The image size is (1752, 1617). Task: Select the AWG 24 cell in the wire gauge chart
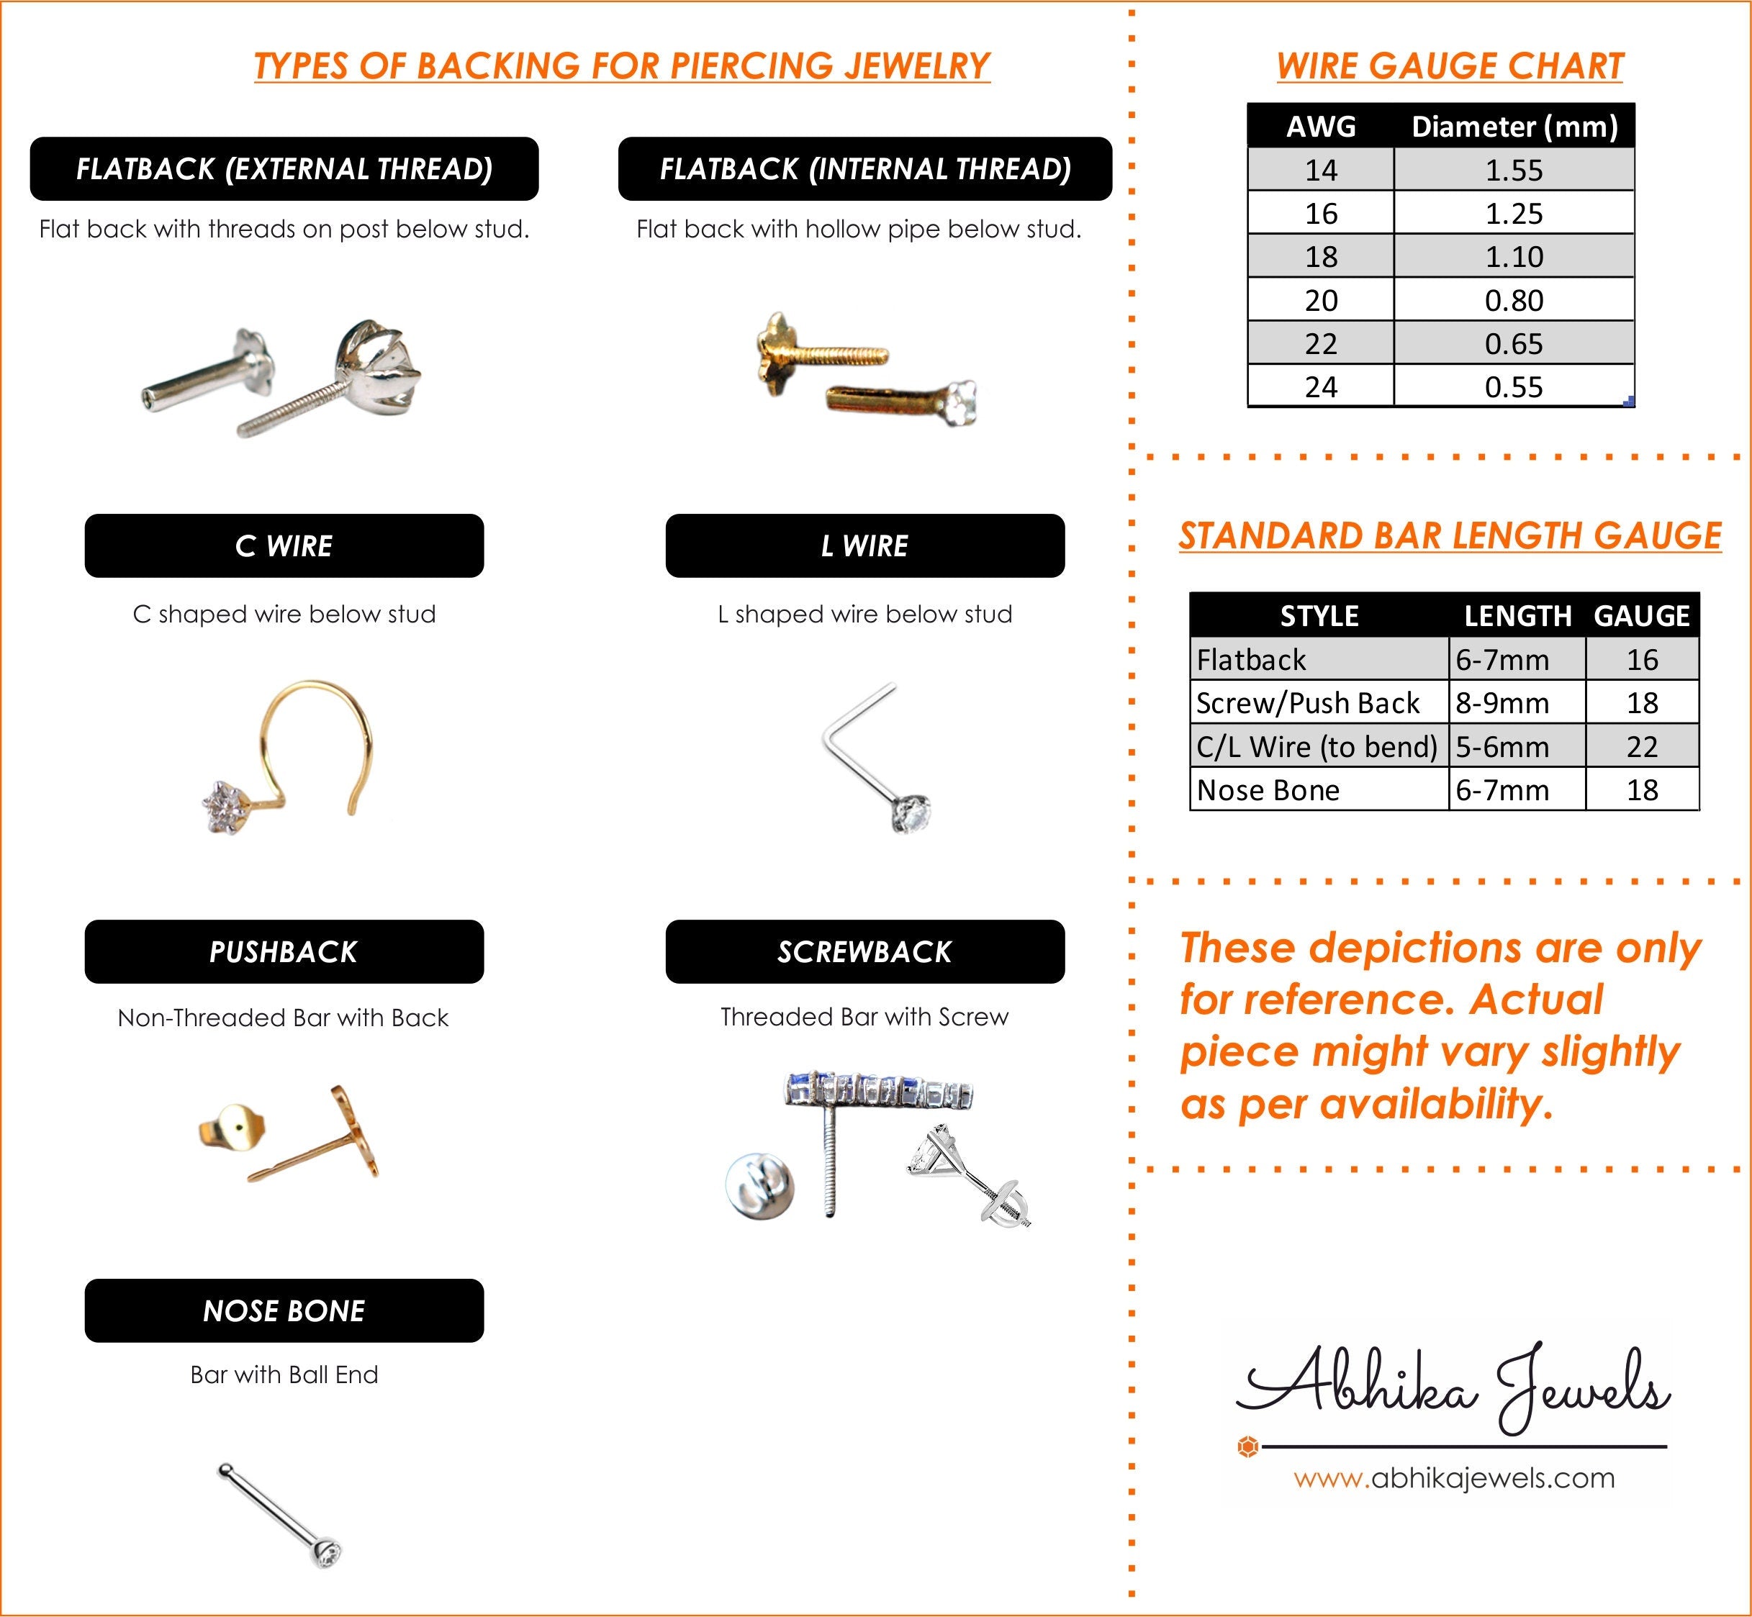[x=1321, y=386]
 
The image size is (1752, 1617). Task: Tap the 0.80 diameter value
[x=1513, y=300]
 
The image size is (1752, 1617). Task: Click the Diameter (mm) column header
[x=1514, y=127]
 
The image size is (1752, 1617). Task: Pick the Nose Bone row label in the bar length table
[x=1268, y=790]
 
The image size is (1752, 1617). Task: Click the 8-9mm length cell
[x=1503, y=702]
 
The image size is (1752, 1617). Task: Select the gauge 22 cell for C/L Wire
[x=1642, y=746]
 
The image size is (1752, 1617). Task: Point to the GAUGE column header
[x=1642, y=616]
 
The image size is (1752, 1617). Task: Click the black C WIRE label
[x=284, y=546]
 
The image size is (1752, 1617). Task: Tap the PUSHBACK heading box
[x=284, y=952]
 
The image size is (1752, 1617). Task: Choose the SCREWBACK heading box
[x=864, y=952]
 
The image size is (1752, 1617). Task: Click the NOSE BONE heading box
[x=284, y=1310]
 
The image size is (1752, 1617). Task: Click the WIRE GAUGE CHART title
[x=1449, y=66]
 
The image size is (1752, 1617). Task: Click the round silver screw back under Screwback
[x=759, y=1187]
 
